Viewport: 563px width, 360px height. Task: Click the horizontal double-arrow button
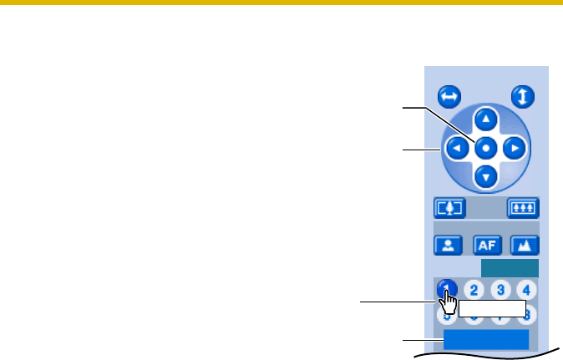point(449,97)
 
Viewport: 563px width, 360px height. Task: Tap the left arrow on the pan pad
point(455,149)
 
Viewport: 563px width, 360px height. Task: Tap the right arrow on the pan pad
point(515,149)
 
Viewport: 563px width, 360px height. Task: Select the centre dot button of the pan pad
point(485,149)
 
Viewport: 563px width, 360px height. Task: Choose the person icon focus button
point(446,245)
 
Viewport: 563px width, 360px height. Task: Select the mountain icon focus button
point(525,245)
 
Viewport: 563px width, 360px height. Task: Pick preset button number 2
point(474,290)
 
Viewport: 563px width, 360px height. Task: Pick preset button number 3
point(500,290)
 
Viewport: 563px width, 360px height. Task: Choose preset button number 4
point(526,290)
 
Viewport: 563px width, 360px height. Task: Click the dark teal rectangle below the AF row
point(510,267)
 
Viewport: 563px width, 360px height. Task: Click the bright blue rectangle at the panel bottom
point(485,339)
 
